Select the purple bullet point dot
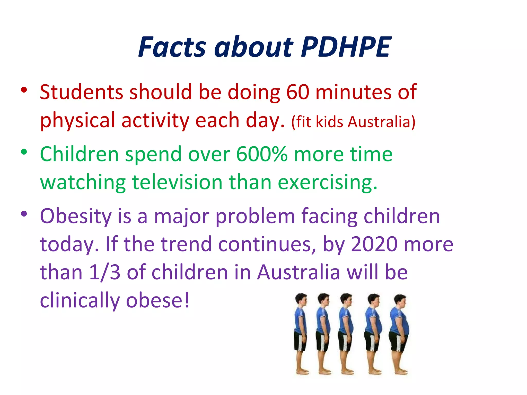(x=24, y=213)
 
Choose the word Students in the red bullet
(x=81, y=92)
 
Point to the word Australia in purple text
(x=299, y=272)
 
